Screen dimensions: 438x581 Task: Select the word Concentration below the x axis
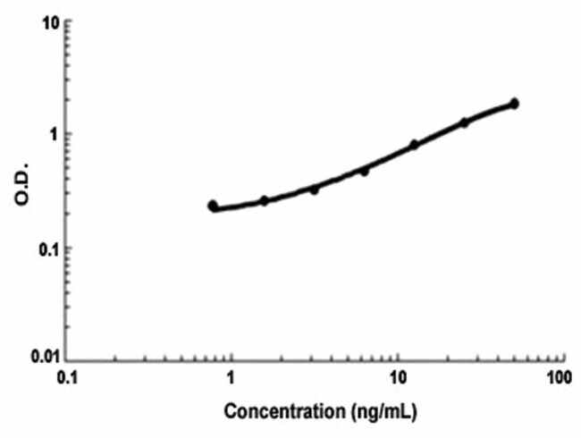282,414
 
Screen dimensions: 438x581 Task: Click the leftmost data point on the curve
213,206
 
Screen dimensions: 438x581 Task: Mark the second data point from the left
264,200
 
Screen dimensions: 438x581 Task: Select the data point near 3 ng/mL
314,190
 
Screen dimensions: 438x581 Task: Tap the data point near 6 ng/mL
364,171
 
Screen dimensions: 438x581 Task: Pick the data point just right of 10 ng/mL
414,144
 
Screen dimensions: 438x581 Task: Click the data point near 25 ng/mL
464,122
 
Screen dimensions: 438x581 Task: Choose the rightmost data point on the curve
514,104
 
